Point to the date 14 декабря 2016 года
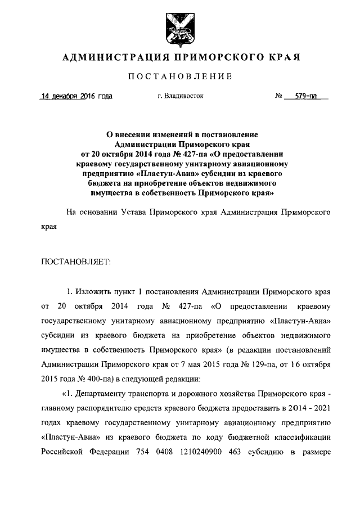(x=76, y=96)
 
